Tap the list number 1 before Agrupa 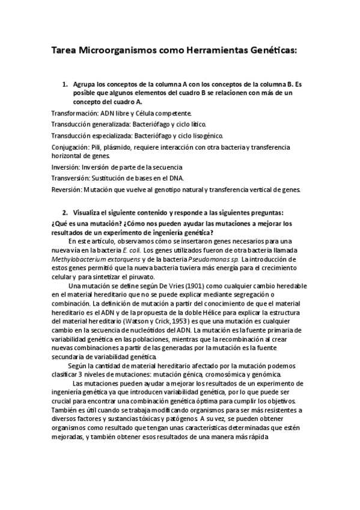click(65, 85)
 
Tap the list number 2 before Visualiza click(65, 213)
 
